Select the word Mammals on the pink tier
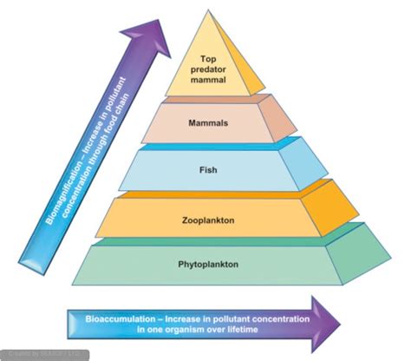(208, 123)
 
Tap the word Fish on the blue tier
(208, 171)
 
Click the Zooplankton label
(208, 220)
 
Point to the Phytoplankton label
(208, 261)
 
